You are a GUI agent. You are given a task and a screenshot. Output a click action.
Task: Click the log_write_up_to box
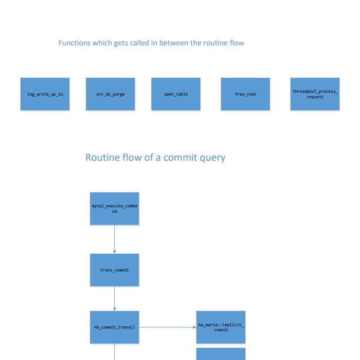[x=45, y=94]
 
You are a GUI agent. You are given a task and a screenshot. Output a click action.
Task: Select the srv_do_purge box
[x=111, y=94]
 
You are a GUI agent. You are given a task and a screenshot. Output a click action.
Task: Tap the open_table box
[x=176, y=94]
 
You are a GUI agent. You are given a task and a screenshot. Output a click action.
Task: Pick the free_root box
[x=245, y=94]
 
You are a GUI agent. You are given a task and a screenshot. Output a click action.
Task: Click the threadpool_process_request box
[x=315, y=94]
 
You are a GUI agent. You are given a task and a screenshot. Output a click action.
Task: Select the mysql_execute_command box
[x=114, y=209]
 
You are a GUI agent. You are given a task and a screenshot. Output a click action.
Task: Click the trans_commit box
[x=114, y=270]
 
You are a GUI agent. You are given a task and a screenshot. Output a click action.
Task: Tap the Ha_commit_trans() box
[x=114, y=327]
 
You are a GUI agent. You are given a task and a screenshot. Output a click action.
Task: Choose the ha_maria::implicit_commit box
[x=221, y=327]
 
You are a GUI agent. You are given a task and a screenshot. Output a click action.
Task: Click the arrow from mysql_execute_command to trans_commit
[x=115, y=239]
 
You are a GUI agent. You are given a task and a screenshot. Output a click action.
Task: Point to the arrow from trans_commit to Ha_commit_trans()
[x=115, y=298]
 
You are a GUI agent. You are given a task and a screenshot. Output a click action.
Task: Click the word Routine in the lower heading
[x=102, y=157]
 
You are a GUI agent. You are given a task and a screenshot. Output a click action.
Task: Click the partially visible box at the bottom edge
[x=221, y=354]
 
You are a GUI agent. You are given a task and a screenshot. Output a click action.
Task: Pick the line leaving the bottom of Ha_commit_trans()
[x=115, y=352]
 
